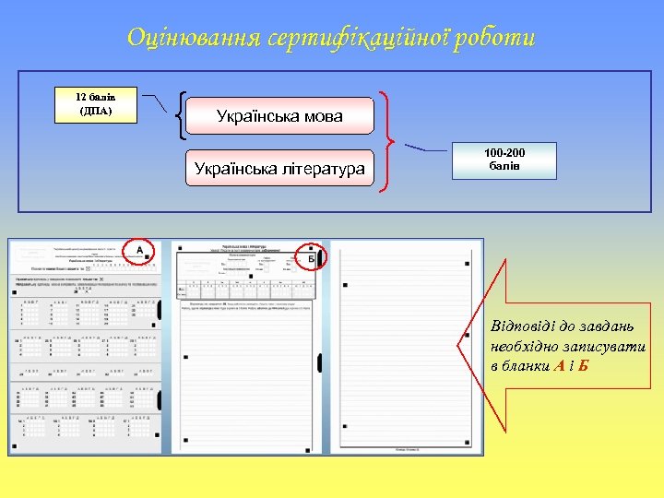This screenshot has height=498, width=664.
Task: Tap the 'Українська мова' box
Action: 279,116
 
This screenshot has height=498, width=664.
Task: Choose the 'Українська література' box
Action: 279,168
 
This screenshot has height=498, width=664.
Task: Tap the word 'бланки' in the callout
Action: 527,364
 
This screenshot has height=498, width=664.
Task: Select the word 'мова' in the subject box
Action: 321,116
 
